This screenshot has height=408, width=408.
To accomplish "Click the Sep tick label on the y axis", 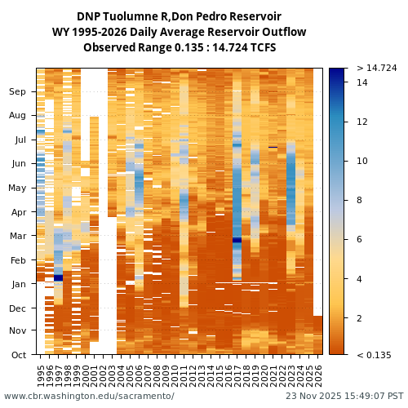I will (x=18, y=92).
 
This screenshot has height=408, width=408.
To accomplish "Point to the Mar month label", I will (x=18, y=236).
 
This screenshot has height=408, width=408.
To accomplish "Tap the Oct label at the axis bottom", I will (x=18, y=355).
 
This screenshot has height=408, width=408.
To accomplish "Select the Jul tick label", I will (x=20, y=140).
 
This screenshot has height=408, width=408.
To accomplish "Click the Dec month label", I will (x=18, y=308).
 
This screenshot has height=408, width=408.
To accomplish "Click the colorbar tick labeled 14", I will (x=362, y=82).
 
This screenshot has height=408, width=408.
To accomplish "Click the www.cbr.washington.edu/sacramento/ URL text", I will (x=89, y=396).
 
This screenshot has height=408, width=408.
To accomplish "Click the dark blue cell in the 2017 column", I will (x=237, y=240).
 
